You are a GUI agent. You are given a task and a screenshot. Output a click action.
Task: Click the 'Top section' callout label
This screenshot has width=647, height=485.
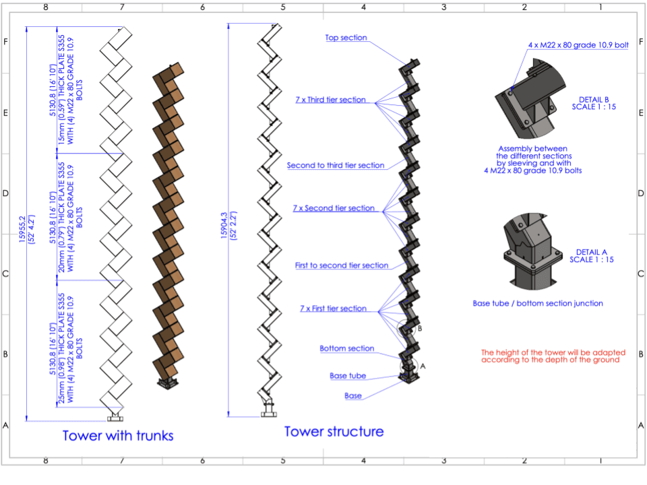click(346, 38)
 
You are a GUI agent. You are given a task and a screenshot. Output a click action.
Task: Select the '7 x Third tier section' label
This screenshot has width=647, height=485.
click(330, 100)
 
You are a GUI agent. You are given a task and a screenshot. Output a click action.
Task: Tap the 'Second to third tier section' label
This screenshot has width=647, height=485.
click(336, 165)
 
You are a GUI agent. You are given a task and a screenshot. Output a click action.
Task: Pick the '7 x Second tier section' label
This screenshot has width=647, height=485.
click(334, 208)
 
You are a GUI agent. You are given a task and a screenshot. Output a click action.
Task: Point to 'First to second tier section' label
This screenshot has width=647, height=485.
click(342, 265)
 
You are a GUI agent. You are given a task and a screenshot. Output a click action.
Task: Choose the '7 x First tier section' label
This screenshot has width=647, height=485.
click(333, 309)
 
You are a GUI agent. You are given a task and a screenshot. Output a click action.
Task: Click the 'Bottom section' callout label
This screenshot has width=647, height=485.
click(346, 348)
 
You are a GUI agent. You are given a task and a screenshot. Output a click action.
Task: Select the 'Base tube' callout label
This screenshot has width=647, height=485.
click(348, 376)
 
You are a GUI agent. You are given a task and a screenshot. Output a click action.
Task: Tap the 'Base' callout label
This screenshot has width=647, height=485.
click(353, 395)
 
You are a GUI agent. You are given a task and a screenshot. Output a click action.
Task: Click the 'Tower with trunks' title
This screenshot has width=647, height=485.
click(118, 435)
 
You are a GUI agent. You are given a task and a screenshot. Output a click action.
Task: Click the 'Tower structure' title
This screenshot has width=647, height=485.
click(334, 431)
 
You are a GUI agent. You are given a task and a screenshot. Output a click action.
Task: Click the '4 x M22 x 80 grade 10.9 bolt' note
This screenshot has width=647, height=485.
click(578, 45)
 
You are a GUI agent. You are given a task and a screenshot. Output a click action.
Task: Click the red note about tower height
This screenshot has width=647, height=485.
click(553, 356)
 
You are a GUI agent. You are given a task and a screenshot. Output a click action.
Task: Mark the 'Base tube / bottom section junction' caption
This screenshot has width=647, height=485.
click(538, 303)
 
